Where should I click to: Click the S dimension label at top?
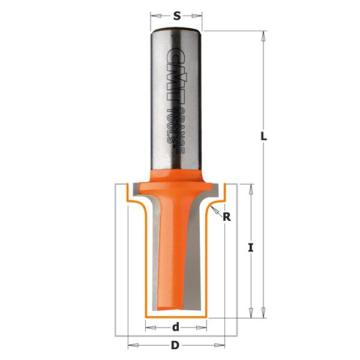(x=176, y=16)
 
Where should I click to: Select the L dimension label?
(x=264, y=137)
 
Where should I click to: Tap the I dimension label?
(x=251, y=248)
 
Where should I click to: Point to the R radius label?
(x=227, y=217)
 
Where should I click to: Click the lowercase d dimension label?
(x=176, y=327)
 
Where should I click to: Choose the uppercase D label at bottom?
(x=175, y=346)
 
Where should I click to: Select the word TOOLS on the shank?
(x=170, y=125)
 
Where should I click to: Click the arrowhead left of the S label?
(x=156, y=16)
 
